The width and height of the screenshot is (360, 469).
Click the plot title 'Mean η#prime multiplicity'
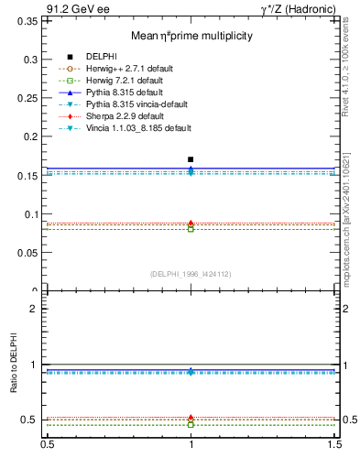(191, 36)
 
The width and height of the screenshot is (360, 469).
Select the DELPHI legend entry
(101, 57)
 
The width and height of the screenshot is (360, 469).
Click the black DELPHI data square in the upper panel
(191, 159)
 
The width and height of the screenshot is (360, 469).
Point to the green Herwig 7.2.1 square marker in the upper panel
(191, 228)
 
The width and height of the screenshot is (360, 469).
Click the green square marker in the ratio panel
(191, 425)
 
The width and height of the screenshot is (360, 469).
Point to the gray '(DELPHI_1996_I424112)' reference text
(190, 273)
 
